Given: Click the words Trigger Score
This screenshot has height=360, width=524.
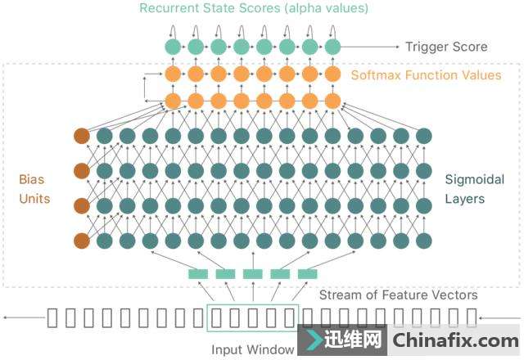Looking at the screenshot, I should [446, 47].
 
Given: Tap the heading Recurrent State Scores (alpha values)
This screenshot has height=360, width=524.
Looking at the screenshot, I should [254, 9].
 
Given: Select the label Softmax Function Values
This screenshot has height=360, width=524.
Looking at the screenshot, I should [426, 75].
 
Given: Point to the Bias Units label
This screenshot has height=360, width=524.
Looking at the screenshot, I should [34, 187].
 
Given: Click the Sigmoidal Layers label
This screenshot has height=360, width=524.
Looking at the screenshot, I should [475, 188].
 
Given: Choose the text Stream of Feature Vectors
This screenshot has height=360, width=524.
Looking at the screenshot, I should [398, 295].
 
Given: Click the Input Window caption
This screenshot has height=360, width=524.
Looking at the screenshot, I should [253, 349].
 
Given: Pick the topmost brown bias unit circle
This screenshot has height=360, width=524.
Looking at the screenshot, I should [81, 136].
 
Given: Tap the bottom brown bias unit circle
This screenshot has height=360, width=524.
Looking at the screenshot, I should [81, 241].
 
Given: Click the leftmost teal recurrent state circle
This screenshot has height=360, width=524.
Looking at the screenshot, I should [173, 47].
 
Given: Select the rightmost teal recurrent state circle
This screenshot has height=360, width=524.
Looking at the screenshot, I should [332, 47].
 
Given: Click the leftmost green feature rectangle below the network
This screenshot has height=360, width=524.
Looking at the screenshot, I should [198, 274].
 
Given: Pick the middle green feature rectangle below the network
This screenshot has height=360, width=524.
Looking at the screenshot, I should [253, 274].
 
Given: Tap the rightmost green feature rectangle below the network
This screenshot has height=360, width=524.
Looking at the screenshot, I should [307, 274].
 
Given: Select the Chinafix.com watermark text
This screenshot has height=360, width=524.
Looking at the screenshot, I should [455, 340].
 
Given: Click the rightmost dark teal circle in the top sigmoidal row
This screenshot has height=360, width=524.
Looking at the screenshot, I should [423, 136].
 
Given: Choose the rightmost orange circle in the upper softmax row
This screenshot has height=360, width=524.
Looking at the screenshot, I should [332, 74].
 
